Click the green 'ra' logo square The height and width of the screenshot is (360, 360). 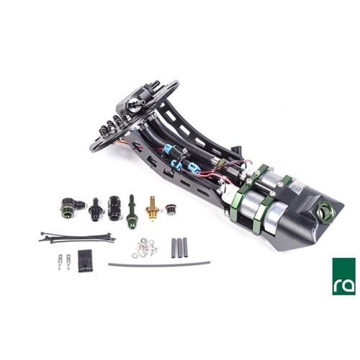click(343, 276)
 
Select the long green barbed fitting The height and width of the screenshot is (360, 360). click(131, 212)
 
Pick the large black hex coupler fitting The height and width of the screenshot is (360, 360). click(113, 208)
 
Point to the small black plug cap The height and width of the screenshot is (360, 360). click(170, 210)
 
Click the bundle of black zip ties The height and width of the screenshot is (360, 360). click(77, 238)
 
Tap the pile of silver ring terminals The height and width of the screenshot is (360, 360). click(145, 248)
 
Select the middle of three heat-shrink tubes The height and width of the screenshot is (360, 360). click(179, 248)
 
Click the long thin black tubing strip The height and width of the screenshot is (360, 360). click(159, 263)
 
